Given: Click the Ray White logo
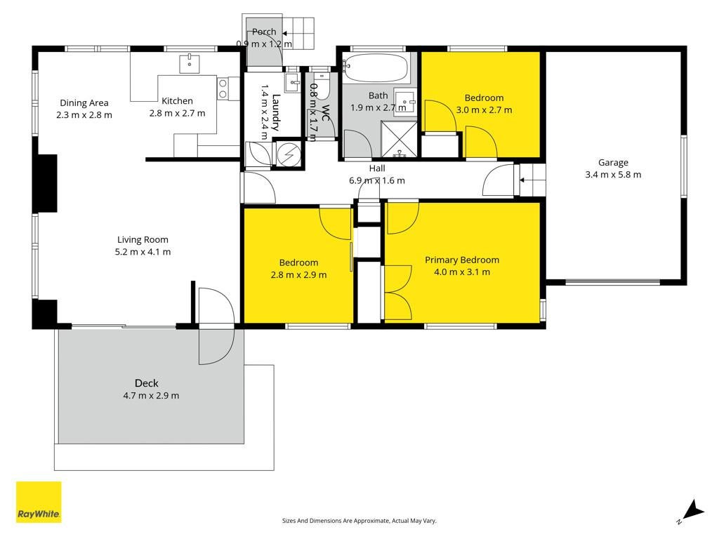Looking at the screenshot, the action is [39, 502].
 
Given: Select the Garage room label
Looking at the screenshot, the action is [613, 162].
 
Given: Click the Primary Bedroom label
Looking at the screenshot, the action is [462, 260].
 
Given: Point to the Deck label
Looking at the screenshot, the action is [147, 383].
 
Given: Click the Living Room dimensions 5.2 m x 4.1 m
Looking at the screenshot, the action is [143, 252].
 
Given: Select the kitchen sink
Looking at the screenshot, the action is [189, 63].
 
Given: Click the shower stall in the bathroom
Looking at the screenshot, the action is [400, 139].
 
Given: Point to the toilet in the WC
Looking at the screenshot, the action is [322, 85].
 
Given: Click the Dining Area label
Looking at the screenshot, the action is [84, 103].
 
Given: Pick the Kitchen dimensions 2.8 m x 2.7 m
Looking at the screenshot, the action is [177, 113].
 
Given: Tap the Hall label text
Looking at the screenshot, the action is [377, 168].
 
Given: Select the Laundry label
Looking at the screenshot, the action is [276, 112].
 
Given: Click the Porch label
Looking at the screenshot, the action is [264, 32].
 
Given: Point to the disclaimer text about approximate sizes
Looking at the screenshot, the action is [359, 521].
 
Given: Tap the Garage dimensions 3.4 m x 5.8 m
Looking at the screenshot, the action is [613, 175].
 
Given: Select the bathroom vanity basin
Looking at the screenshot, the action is [405, 101].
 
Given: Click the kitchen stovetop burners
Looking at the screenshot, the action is [223, 88].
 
